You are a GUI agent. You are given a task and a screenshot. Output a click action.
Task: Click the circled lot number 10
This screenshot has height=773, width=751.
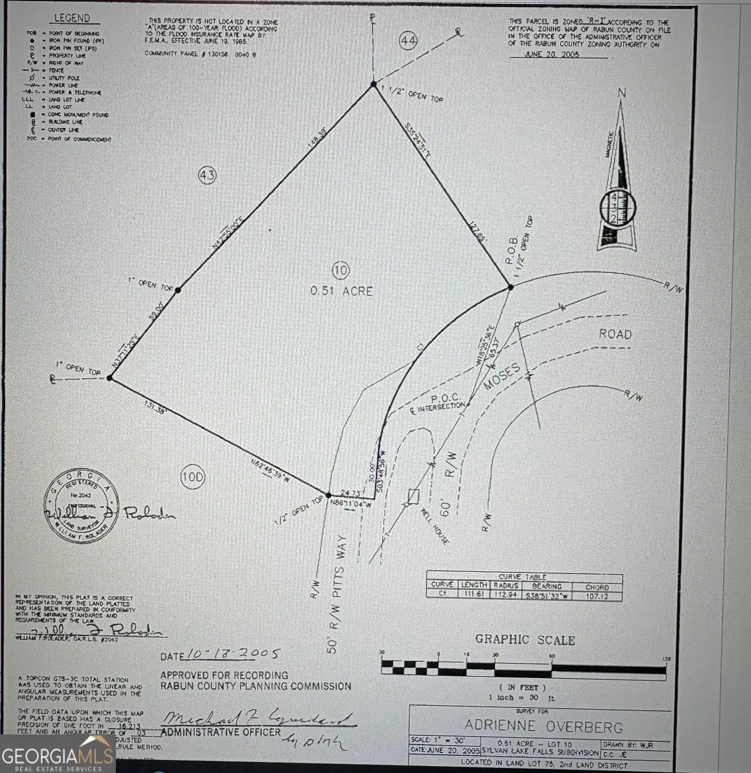340,270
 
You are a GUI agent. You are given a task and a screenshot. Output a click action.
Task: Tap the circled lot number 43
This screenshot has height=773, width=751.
207,176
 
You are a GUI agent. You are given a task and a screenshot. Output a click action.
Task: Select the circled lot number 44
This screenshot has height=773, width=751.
408,41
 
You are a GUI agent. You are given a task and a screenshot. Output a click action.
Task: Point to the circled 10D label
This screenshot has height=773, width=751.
193,478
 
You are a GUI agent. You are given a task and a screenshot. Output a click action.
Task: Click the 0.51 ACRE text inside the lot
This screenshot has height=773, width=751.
341,291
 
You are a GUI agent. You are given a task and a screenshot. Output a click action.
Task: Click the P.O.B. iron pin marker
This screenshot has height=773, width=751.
510,287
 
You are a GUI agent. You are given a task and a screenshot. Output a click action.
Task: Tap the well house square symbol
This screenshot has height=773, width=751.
413,496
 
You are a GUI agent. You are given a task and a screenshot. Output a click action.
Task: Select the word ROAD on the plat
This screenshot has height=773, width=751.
615,334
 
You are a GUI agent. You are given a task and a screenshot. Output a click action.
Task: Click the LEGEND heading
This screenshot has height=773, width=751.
72,18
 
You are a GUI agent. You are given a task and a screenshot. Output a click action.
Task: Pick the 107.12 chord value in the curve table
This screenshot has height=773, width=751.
597,595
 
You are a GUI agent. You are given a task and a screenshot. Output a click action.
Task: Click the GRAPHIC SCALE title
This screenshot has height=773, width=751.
525,639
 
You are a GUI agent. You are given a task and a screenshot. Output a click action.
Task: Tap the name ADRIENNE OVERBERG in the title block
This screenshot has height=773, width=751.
544,726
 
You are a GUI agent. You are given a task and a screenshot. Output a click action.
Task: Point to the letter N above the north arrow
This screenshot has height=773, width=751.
621,93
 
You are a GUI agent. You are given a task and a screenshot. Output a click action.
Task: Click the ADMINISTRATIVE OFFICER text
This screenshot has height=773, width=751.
221,732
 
